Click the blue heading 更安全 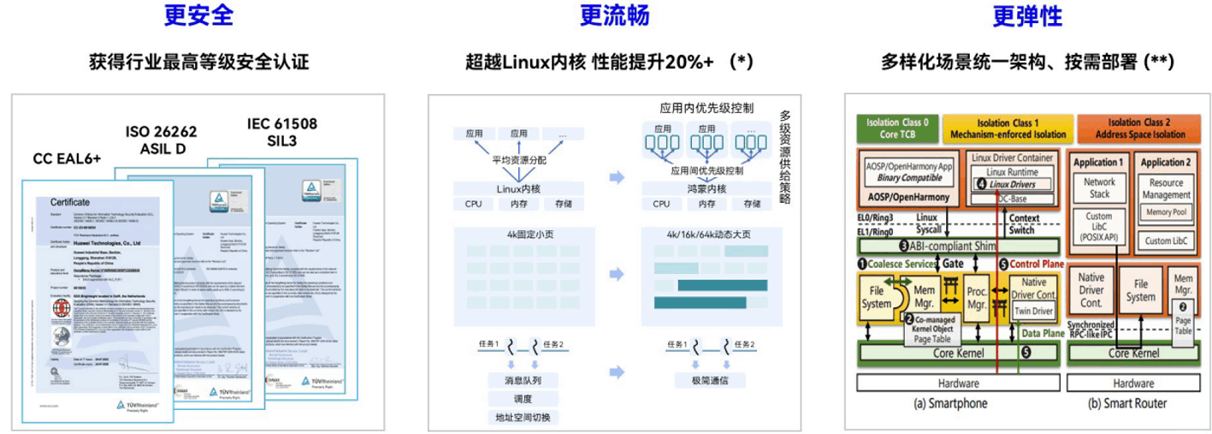click(198, 15)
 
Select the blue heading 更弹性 click(1027, 15)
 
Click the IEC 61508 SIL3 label click(281, 132)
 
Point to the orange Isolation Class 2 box click(1134, 128)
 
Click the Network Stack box click(1099, 187)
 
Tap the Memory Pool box click(1166, 211)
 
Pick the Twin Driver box click(1033, 312)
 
